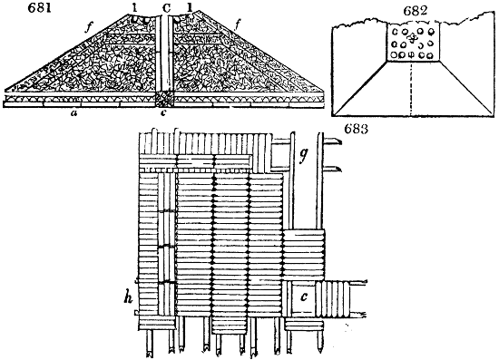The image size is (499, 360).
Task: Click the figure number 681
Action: point(39,8)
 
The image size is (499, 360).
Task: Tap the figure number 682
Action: point(416,12)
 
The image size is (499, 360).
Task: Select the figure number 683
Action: point(357,129)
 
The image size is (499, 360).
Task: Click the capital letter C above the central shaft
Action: point(166,8)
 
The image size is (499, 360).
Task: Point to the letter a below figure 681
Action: point(74,112)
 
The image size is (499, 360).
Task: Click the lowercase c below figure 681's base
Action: point(163,112)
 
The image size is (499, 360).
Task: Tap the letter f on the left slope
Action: point(88,28)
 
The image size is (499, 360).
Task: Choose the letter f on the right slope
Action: point(238,24)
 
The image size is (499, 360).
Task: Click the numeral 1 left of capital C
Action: point(135,8)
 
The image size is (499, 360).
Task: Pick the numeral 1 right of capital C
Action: point(190,7)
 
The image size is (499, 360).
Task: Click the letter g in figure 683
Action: point(304,156)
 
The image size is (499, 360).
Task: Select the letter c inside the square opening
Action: point(304,297)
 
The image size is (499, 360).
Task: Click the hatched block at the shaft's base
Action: point(164,100)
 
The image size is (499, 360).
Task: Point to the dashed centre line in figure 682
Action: point(412,89)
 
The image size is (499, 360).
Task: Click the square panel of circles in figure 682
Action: point(413,42)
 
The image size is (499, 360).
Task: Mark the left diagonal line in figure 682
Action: point(360,87)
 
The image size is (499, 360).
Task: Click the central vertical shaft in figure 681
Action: point(164,54)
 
